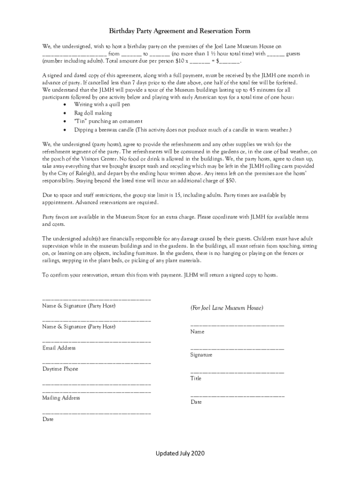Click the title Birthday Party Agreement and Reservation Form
click(x=180, y=31)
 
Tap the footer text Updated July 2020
click(x=180, y=453)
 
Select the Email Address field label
click(x=59, y=348)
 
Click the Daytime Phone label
click(x=60, y=369)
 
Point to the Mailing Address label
click(x=61, y=398)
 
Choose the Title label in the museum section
click(x=195, y=378)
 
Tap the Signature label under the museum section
click(x=201, y=355)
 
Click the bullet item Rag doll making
click(x=93, y=113)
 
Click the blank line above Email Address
click(x=96, y=342)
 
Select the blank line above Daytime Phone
click(x=96, y=363)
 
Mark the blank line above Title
click(x=237, y=372)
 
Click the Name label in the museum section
click(x=197, y=332)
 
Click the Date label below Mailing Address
click(x=48, y=419)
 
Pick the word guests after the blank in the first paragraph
click(x=293, y=54)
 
